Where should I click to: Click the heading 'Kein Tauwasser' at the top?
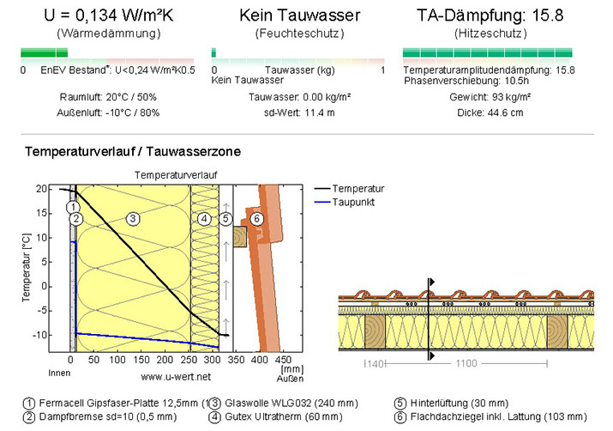pyautogui.click(x=299, y=15)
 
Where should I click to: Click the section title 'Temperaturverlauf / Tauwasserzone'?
pyautogui.click(x=133, y=152)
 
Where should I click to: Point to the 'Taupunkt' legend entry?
pyautogui.click(x=354, y=203)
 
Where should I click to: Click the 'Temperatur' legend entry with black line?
pyautogui.click(x=359, y=188)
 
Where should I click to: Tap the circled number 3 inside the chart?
pyautogui.click(x=133, y=219)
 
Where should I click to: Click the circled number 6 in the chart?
pyautogui.click(x=256, y=219)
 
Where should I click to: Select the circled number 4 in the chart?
pyautogui.click(x=203, y=219)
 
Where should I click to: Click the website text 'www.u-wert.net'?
pyautogui.click(x=177, y=376)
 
